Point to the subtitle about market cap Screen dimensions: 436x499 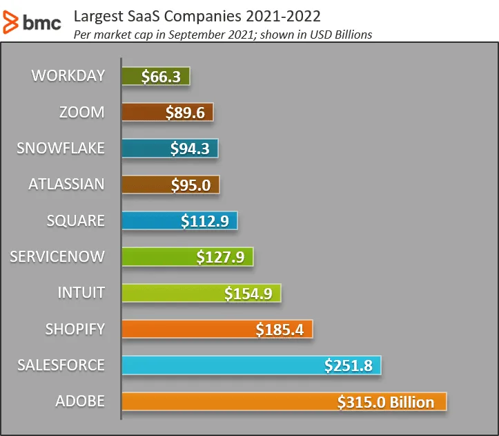coord(222,35)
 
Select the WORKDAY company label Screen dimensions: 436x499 coord(68,76)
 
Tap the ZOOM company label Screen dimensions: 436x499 coord(83,112)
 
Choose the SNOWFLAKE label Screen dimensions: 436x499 coord(61,148)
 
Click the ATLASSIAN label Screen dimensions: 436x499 coord(66,184)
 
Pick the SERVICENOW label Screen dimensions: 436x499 coord(57,256)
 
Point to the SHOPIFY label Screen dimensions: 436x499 coord(75,328)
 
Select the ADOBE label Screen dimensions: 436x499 coord(80,401)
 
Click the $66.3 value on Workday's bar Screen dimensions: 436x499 coord(161,77)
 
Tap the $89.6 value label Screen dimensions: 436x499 coord(185,113)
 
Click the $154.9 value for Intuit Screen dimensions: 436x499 coord(248,294)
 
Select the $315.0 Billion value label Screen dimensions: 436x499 coord(386,402)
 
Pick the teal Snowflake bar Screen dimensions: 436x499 coord(145,149)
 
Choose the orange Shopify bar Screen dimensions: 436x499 coord(186,329)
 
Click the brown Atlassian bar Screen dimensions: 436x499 coord(145,184)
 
